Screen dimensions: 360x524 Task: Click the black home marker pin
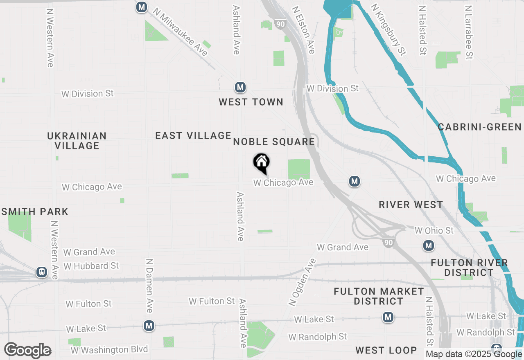pyautogui.click(x=262, y=163)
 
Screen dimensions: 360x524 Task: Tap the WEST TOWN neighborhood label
pyautogui.click(x=251, y=102)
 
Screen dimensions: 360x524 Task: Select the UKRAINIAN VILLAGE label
pyautogui.click(x=77, y=140)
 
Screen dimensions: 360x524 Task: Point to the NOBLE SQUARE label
pyautogui.click(x=274, y=142)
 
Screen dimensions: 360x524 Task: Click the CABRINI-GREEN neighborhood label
pyautogui.click(x=480, y=127)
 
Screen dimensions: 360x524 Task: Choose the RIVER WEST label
pyautogui.click(x=411, y=205)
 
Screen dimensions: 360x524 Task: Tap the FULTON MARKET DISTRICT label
pyautogui.click(x=379, y=296)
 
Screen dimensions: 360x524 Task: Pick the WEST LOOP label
pyautogui.click(x=386, y=350)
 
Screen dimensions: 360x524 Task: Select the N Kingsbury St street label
pyautogui.click(x=388, y=29)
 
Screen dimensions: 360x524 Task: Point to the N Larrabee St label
pyautogui.click(x=469, y=32)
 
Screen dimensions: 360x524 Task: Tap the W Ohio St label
pyautogui.click(x=434, y=231)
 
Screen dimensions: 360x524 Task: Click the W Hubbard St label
pyautogui.click(x=91, y=266)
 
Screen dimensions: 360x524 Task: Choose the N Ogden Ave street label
pyautogui.click(x=302, y=282)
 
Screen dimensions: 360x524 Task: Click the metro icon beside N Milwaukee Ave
pyautogui.click(x=142, y=7)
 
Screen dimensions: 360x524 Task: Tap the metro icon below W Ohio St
pyautogui.click(x=428, y=245)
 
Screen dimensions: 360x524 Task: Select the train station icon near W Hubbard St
pyautogui.click(x=41, y=272)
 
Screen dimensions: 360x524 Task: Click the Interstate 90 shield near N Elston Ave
pyautogui.click(x=280, y=24)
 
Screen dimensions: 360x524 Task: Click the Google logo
pyautogui.click(x=28, y=350)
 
